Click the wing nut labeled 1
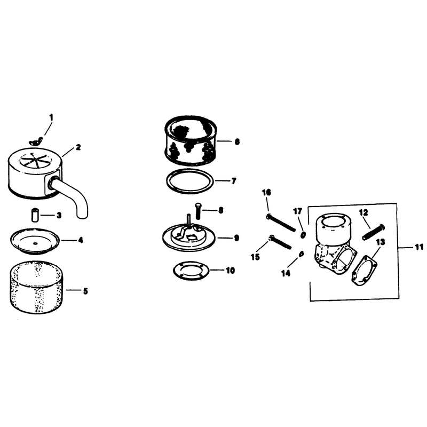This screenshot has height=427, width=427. point(36,141)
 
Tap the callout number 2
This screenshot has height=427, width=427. point(78,147)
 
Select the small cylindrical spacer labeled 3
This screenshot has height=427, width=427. point(35,215)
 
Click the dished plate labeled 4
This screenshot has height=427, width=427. point(35,241)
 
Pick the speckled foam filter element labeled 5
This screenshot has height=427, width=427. point(35,287)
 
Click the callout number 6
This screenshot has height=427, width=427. point(237,141)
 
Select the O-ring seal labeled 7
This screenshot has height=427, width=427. point(190,181)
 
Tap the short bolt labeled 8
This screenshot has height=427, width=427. point(198,211)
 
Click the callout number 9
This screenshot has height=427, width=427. point(236,238)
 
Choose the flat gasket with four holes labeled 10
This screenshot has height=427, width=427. point(191,271)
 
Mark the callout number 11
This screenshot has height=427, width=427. point(418,247)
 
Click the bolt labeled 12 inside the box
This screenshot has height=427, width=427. point(374,232)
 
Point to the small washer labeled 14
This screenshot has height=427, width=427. point(301,254)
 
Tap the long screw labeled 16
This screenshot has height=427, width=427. point(281,223)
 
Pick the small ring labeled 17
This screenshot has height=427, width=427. point(303,235)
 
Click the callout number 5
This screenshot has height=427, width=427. point(85,291)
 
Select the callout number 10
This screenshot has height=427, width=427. point(230,271)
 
